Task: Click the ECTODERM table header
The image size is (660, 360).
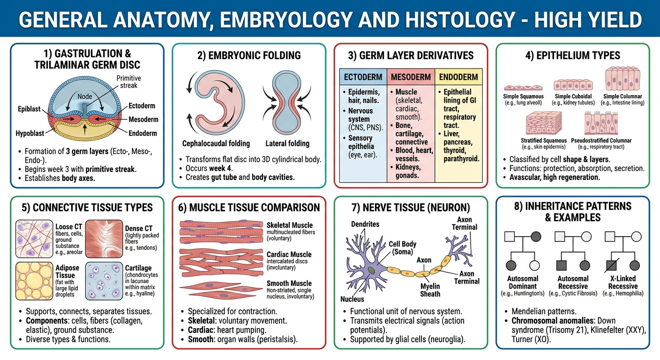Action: point(363,77)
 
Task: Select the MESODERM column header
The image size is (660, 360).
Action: point(411,77)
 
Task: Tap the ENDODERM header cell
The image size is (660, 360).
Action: point(458,77)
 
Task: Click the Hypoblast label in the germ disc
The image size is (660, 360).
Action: point(30,134)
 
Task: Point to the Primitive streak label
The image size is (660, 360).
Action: point(128,82)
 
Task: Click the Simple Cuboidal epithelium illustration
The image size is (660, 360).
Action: point(573,85)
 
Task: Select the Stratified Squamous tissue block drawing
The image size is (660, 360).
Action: point(544,123)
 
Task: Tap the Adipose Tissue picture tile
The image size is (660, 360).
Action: point(34,281)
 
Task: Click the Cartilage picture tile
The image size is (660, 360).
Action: point(104,281)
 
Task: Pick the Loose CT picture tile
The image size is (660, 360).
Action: point(34,239)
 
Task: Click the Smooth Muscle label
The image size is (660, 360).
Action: point(289,284)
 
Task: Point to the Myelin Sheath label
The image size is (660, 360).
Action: point(430,290)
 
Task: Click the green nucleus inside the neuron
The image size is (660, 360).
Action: point(371,270)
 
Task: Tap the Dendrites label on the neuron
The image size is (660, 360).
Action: point(365,224)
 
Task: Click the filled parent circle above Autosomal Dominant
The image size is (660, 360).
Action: point(536,237)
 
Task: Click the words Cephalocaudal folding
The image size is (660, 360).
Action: point(216,143)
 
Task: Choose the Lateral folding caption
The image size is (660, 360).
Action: point(287,143)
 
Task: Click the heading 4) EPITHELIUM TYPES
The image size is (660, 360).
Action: point(572,55)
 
